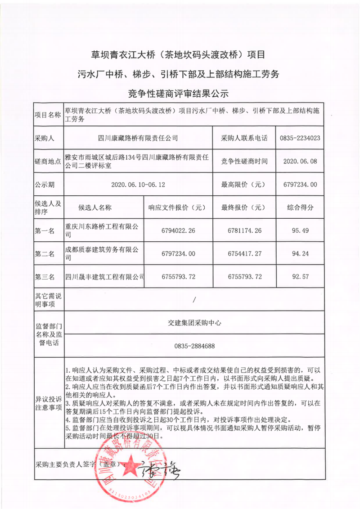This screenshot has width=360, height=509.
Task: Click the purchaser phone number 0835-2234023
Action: point(300,138)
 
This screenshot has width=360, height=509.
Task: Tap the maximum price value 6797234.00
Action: point(301,185)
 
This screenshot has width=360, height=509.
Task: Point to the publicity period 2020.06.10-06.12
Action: point(138,185)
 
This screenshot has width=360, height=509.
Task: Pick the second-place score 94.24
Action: point(300,254)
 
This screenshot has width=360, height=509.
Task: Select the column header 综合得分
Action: point(300,207)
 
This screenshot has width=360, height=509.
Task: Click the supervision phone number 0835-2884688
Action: point(194,346)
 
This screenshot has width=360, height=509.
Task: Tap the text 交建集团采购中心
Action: point(194,323)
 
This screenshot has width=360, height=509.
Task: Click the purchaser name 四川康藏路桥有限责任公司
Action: point(138,138)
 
